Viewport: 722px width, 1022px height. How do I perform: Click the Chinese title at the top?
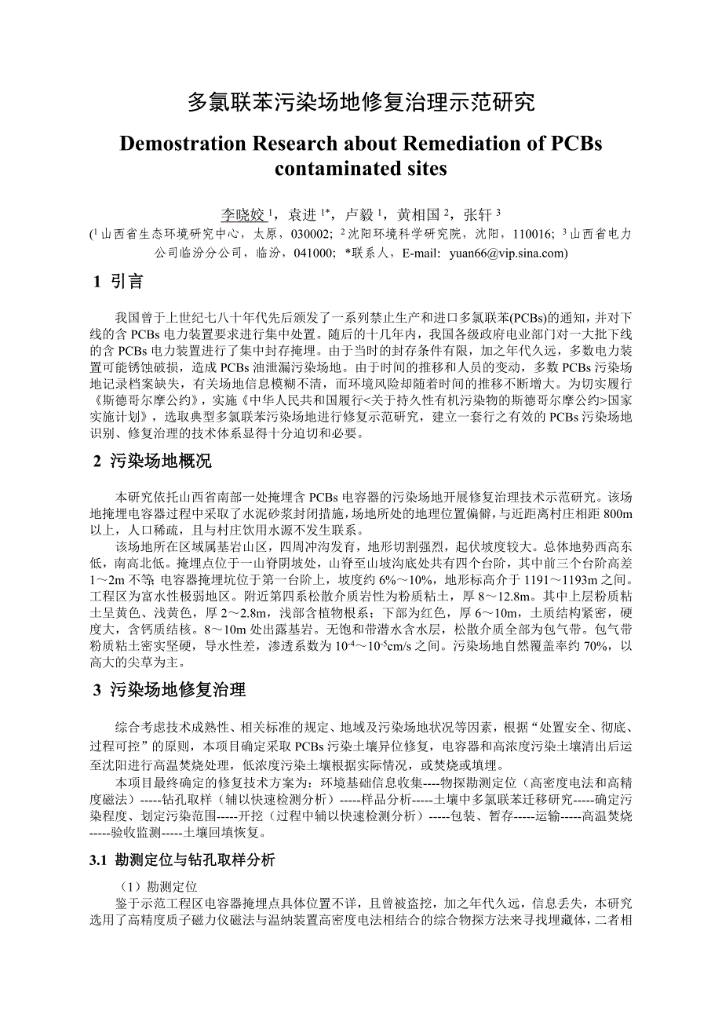pos(361,102)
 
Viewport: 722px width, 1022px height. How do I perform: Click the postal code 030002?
pos(312,234)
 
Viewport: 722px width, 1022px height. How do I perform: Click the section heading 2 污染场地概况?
pos(152,462)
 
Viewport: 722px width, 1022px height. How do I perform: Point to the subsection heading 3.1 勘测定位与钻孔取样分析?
pos(183,861)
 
